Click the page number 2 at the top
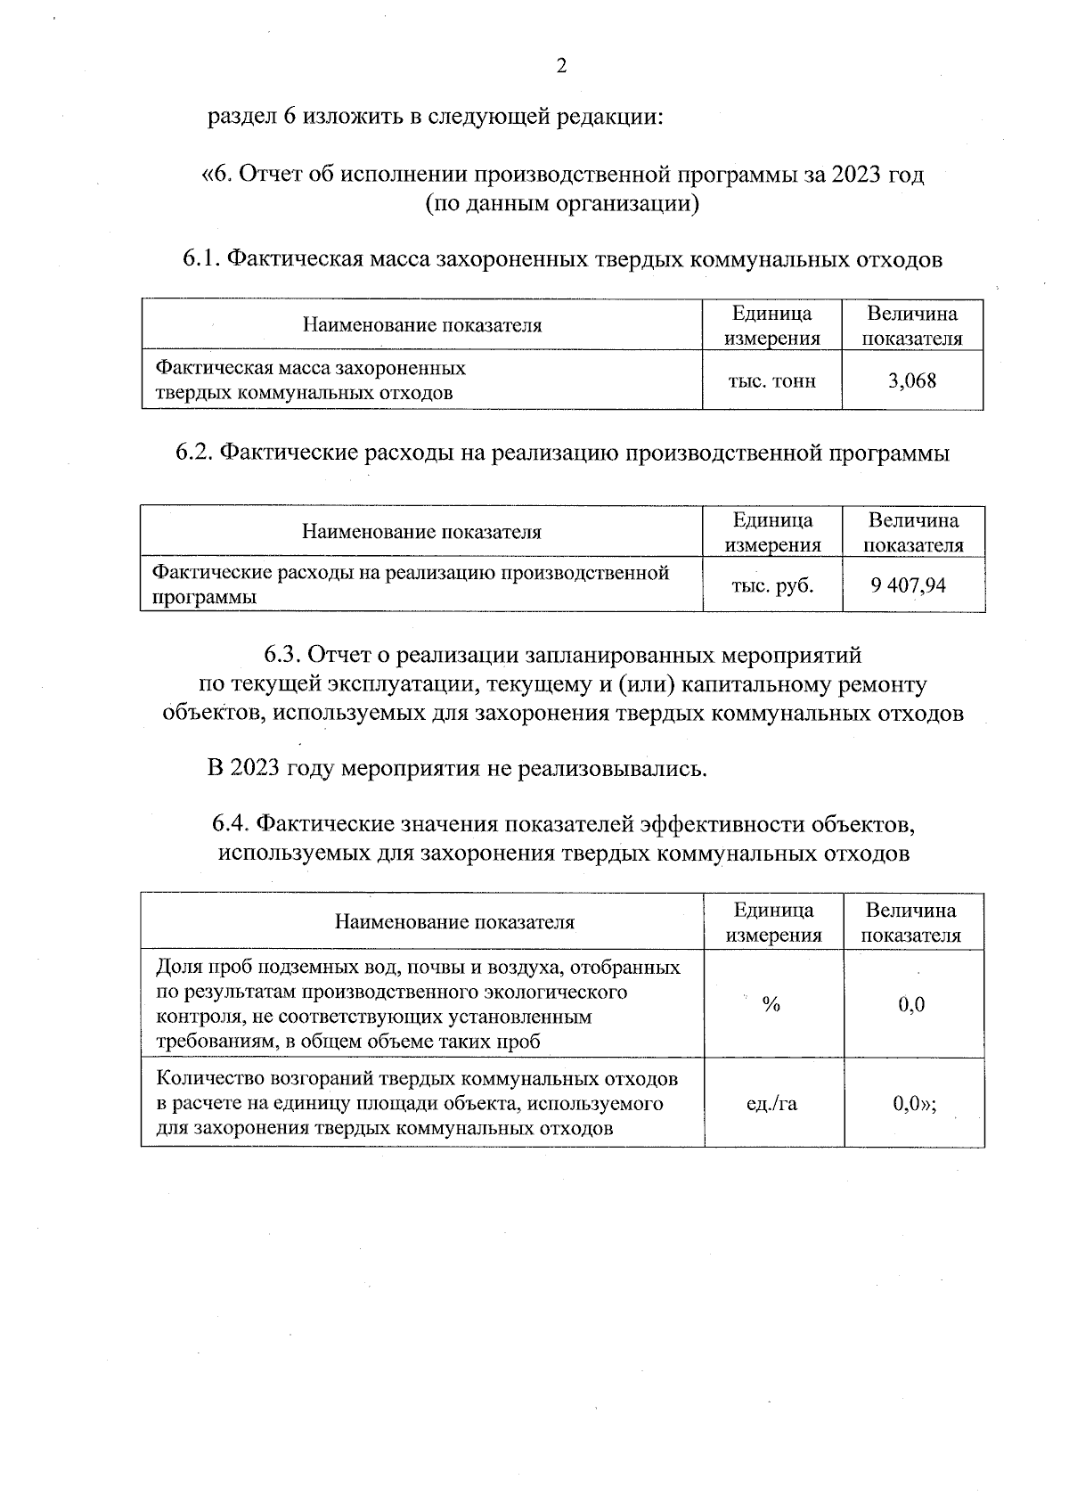coord(561,66)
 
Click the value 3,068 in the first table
coord(911,381)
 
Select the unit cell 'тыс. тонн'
coord(771,381)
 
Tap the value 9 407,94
coord(914,585)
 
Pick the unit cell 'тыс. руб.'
coord(772,585)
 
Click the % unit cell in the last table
coord(771,1005)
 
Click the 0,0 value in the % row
coord(911,1005)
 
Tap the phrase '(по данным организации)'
coord(561,204)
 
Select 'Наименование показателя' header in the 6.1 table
coord(421,325)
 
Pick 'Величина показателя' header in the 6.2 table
coord(914,533)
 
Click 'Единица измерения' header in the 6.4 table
coord(773,922)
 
